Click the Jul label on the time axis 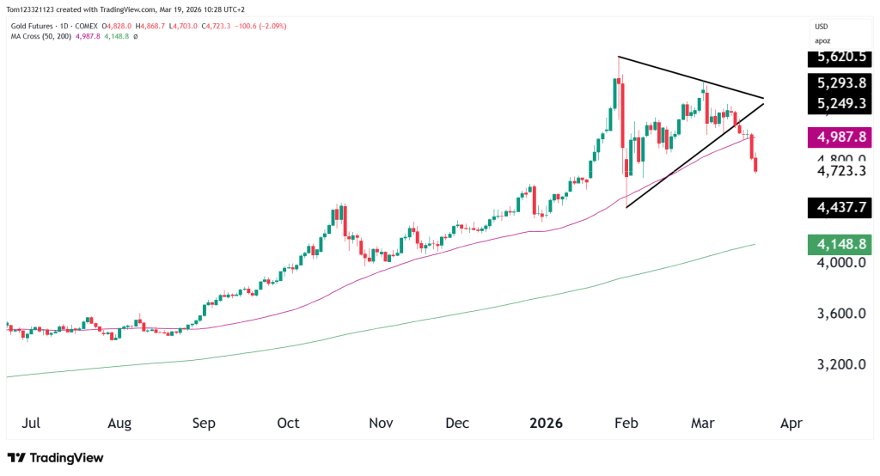[30, 424]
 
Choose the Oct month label [289, 424]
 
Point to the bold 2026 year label [546, 424]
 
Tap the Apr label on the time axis [791, 424]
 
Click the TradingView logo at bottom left [55, 458]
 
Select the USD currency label [823, 27]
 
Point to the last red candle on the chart [756, 165]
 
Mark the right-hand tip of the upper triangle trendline [763, 98]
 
